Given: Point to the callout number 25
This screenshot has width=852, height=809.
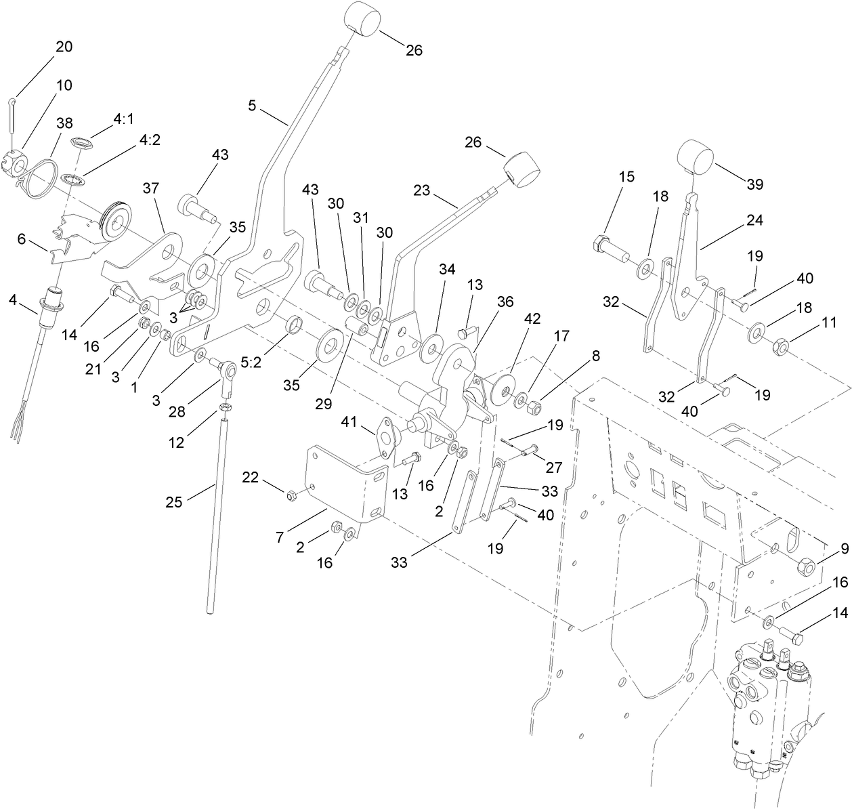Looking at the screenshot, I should click(x=175, y=502).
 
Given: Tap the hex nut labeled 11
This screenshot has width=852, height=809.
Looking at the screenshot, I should click(x=780, y=348).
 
